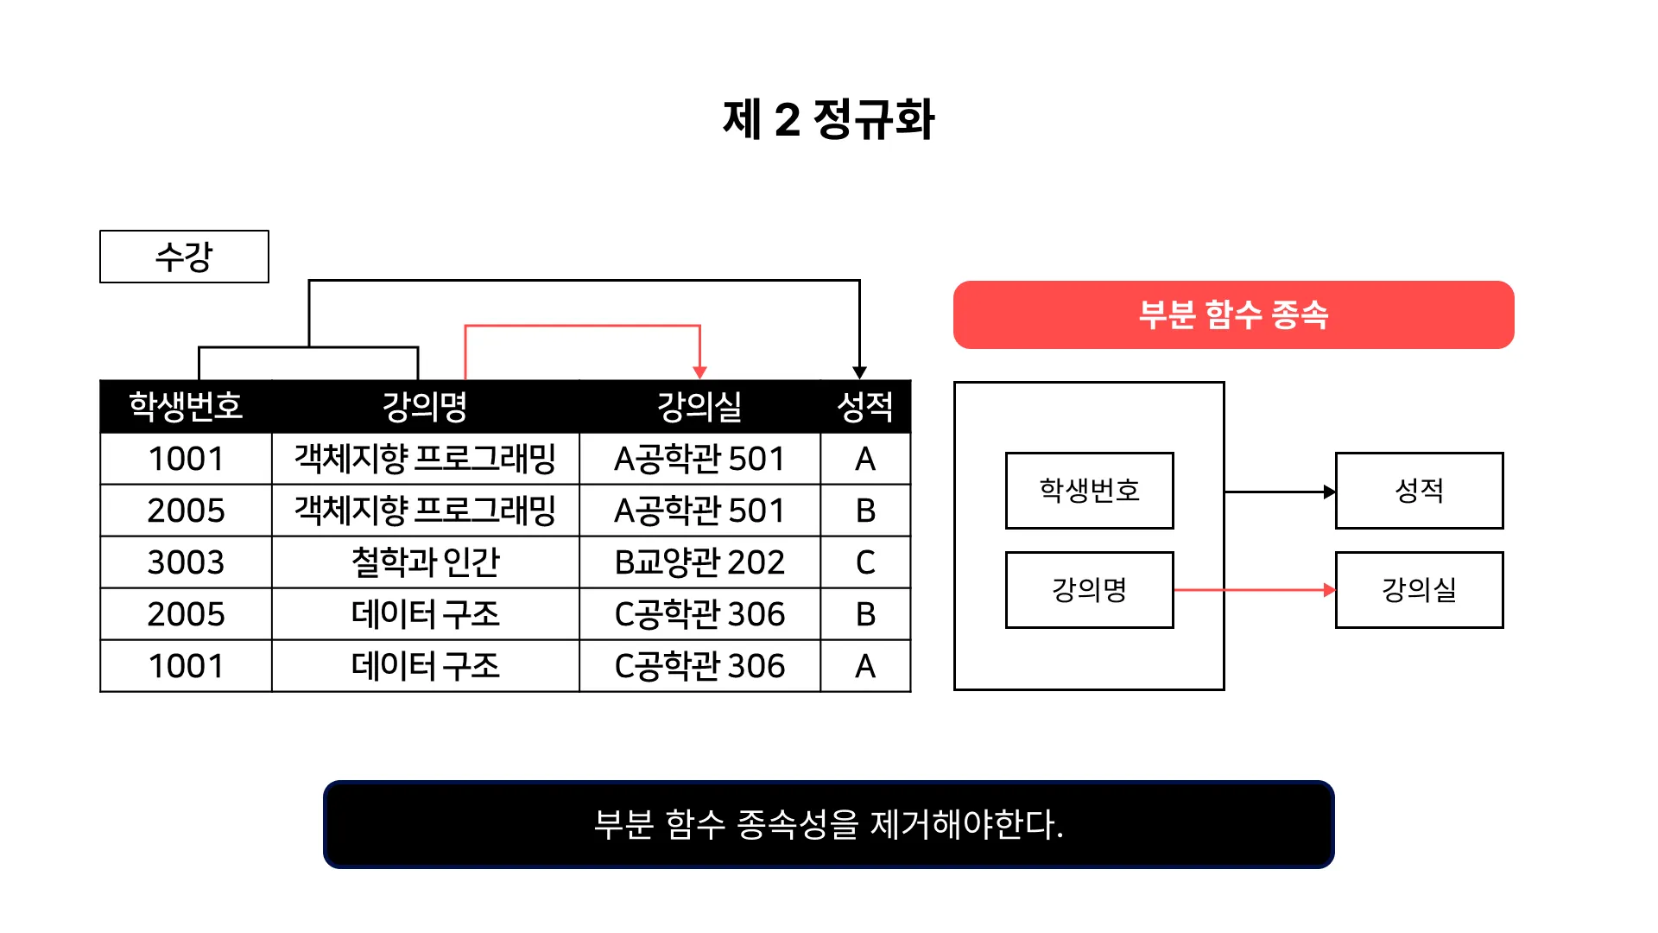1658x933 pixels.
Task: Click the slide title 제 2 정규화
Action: (828, 119)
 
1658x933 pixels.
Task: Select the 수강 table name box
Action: (184, 257)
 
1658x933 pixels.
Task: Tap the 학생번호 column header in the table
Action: (186, 406)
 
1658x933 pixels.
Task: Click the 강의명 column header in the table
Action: (425, 406)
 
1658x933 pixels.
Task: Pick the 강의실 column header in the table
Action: (699, 406)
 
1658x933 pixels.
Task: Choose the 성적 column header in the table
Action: (864, 406)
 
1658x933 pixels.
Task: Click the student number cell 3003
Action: (186, 562)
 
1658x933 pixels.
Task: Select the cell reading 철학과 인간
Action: (425, 562)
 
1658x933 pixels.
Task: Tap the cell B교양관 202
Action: (699, 562)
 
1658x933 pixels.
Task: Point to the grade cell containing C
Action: (864, 562)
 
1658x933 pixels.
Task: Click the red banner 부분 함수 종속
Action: (1233, 314)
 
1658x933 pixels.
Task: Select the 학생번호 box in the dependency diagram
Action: (1089, 491)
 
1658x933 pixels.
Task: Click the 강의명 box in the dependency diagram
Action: (1089, 590)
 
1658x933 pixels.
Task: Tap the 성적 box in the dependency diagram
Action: (1419, 491)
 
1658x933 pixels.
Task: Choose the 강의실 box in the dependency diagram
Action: (1419, 590)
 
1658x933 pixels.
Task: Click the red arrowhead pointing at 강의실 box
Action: (1329, 590)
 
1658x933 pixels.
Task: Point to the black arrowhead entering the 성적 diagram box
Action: (1329, 492)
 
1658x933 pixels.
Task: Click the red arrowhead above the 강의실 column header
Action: (699, 372)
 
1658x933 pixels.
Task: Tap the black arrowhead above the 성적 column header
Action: (859, 372)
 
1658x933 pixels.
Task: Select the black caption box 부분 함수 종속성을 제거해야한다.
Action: (828, 824)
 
